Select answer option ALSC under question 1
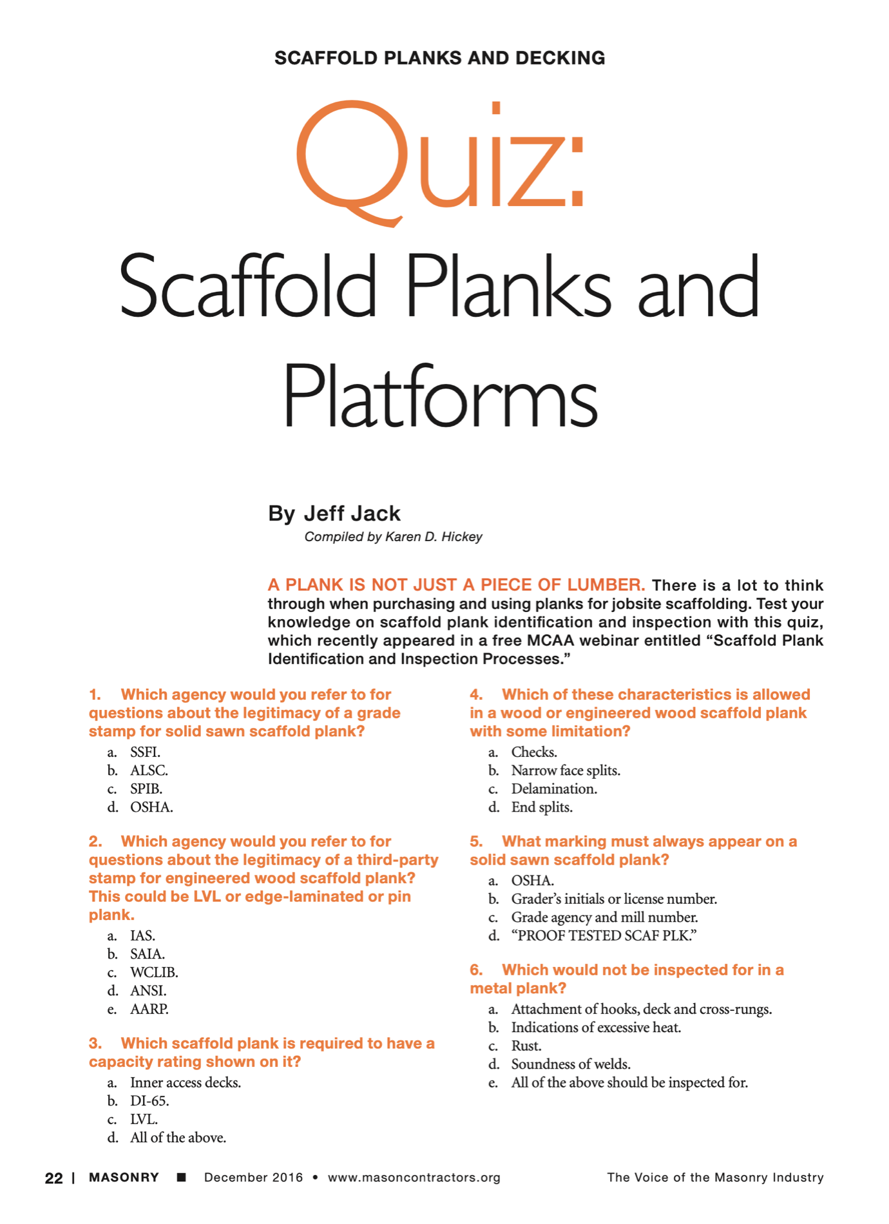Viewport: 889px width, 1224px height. pyautogui.click(x=149, y=770)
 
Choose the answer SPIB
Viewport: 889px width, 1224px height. pyautogui.click(x=146, y=789)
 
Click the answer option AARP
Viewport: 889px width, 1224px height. pyautogui.click(x=149, y=1009)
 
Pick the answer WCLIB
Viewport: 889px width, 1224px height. pyautogui.click(x=154, y=973)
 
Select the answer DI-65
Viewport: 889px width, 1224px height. pyautogui.click(x=149, y=1101)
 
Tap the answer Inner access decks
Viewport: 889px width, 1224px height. pyautogui.click(x=186, y=1083)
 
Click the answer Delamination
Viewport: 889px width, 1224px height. pyautogui.click(x=554, y=789)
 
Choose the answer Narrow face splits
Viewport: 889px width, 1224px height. pyautogui.click(x=566, y=770)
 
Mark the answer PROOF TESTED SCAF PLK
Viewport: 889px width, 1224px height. pyautogui.click(x=604, y=936)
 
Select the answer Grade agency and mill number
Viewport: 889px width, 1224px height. pyautogui.click(x=604, y=917)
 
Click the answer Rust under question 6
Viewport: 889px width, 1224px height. pyautogui.click(x=526, y=1046)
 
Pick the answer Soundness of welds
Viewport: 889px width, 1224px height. pyautogui.click(x=571, y=1064)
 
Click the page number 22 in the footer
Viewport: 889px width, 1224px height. pyautogui.click(x=54, y=1178)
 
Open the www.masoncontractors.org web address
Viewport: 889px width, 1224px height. pyautogui.click(x=414, y=1178)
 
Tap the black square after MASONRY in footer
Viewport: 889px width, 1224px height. pyautogui.click(x=182, y=1178)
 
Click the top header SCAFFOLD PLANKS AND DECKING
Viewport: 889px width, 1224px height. pyautogui.click(x=440, y=58)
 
